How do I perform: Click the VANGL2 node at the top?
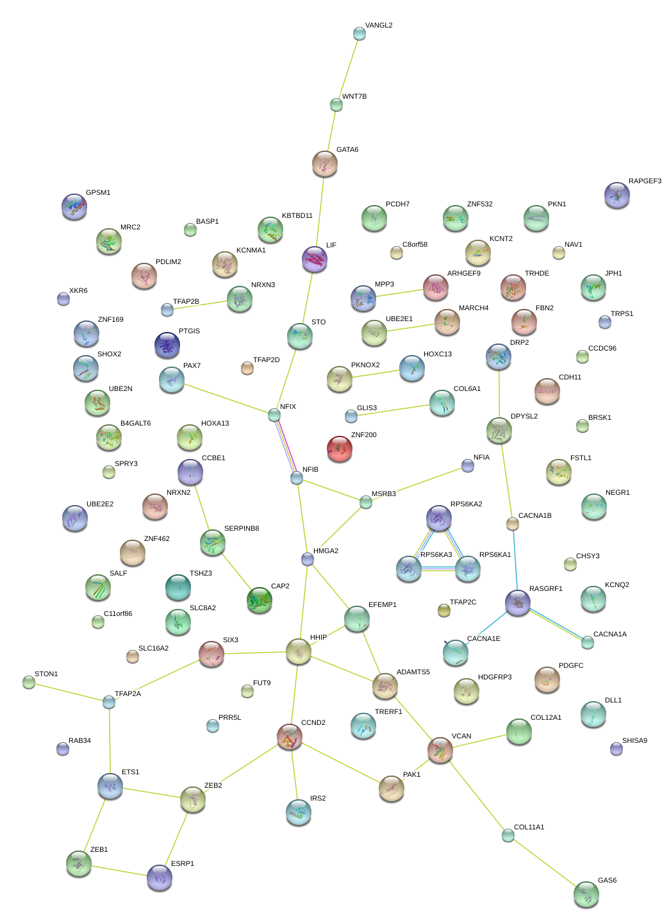tap(360, 33)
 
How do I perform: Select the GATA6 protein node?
tap(325, 164)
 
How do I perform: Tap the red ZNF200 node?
tap(340, 449)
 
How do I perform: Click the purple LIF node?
tap(315, 259)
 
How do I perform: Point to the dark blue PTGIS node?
tap(167, 345)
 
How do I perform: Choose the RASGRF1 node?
tap(518, 603)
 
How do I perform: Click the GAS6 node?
tap(586, 894)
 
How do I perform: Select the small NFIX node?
tap(274, 415)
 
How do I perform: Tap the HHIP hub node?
tap(299, 651)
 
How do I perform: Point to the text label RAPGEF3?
tap(645, 181)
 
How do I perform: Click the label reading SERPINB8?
tap(242, 529)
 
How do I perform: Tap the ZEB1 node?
tap(79, 864)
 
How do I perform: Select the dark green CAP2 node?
tap(260, 600)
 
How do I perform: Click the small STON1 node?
tap(29, 682)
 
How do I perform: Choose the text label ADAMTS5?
tap(413, 672)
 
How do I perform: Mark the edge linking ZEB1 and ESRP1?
tap(119, 871)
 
